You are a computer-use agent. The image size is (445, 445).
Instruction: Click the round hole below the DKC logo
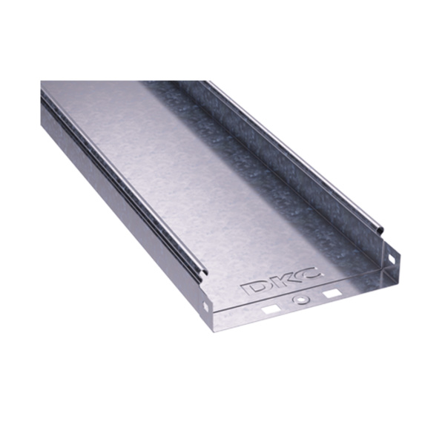[x=301, y=300]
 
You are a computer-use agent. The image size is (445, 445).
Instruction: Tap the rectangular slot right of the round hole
[x=332, y=294]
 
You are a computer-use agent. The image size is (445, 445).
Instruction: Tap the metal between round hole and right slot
[x=317, y=297]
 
